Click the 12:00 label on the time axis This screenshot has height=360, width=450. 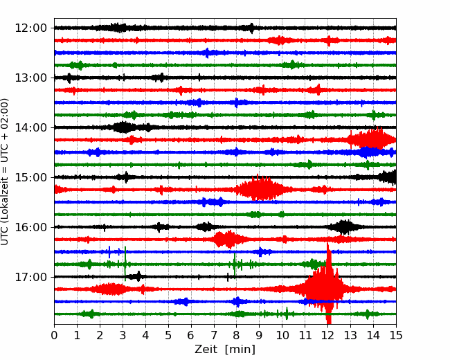(30, 28)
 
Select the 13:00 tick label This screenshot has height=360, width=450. (30, 78)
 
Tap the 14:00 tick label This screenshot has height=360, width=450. (30, 127)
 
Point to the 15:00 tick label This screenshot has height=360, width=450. (30, 177)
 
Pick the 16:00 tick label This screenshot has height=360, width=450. (30, 227)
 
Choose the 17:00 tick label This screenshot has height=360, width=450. (30, 277)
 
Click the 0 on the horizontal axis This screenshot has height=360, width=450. (54, 335)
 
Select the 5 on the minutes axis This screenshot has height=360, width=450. (168, 335)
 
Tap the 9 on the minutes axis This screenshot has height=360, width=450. (260, 335)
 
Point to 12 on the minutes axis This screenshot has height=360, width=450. (327, 335)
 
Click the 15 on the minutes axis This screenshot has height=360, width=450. (396, 335)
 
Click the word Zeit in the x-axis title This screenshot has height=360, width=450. (207, 349)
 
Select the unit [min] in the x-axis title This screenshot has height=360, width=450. (240, 350)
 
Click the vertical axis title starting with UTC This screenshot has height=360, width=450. (4, 172)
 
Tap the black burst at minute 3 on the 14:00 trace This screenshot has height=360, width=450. (123, 127)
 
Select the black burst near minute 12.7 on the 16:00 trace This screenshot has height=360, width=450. (344, 227)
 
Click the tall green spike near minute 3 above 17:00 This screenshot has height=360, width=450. (125, 264)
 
